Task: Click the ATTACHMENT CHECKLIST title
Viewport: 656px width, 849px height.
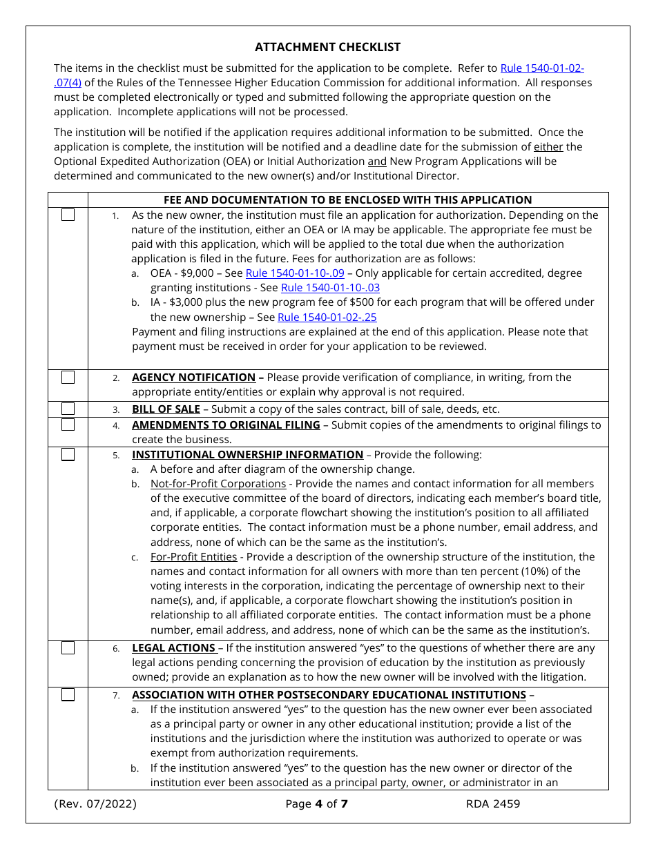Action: (x=327, y=47)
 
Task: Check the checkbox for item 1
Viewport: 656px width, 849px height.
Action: (x=68, y=215)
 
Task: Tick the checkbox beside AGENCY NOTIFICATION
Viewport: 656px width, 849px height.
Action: (x=68, y=378)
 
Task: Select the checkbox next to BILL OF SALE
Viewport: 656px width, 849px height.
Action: (x=68, y=409)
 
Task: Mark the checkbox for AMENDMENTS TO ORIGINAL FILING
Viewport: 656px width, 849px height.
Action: (x=68, y=424)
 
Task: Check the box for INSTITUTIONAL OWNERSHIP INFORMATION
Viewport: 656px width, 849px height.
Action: (x=68, y=454)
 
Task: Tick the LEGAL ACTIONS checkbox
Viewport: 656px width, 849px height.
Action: (x=68, y=647)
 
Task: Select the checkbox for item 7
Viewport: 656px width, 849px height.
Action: (x=68, y=694)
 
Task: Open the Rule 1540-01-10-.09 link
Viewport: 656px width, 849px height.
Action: (x=295, y=273)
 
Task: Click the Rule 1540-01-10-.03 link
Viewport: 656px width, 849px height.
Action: (x=330, y=288)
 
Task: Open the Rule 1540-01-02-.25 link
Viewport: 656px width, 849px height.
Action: (x=327, y=318)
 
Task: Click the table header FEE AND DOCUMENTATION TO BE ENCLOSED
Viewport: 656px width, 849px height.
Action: (x=347, y=200)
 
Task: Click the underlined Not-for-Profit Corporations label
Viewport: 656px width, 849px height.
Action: (x=218, y=484)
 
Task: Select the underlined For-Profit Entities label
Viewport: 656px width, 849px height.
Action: (x=193, y=556)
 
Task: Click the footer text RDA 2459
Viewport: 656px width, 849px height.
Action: (x=493, y=803)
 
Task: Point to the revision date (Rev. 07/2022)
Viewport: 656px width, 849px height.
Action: (x=95, y=803)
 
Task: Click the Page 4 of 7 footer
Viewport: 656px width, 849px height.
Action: (x=316, y=803)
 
